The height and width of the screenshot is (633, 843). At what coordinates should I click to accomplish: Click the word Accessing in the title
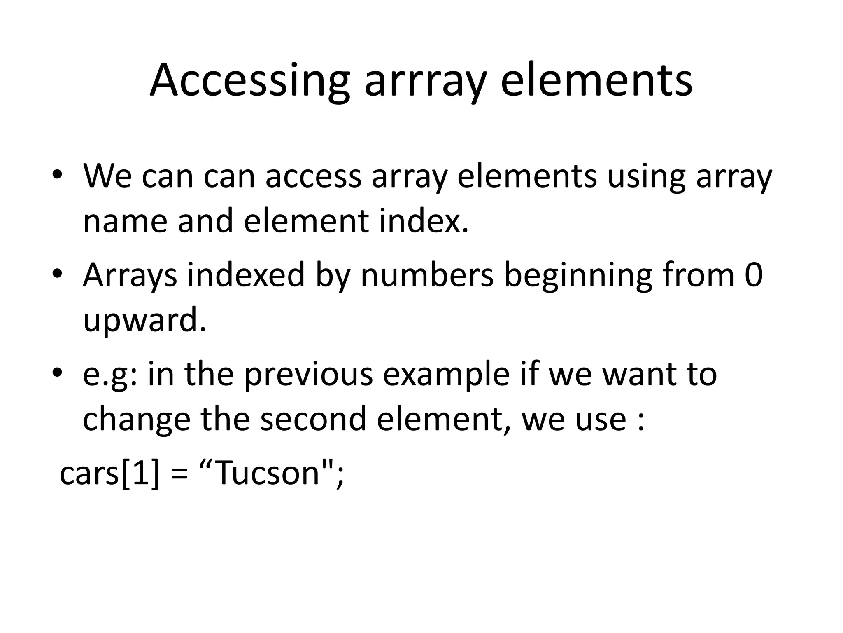tap(249, 80)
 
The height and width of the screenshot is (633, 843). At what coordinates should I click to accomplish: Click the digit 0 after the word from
tap(754, 275)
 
